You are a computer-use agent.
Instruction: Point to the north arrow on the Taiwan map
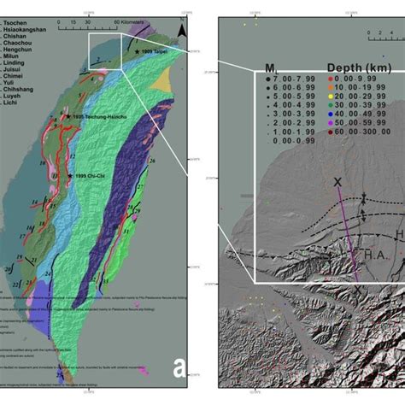pyautogui.click(x=180, y=32)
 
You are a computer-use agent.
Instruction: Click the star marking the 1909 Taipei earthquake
pyautogui.click(x=136, y=53)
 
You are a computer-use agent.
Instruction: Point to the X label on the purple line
pyautogui.click(x=337, y=183)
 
